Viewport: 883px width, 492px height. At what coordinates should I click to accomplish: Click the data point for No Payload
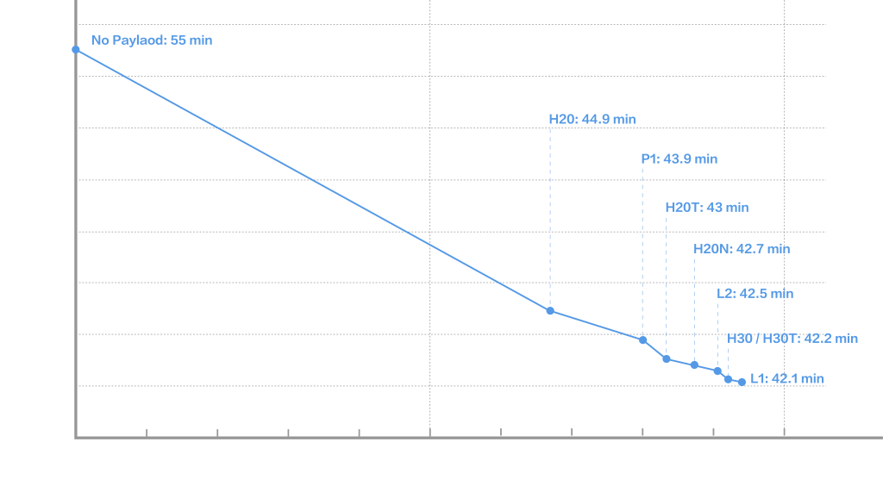76,49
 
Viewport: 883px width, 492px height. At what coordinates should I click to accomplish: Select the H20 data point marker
550,310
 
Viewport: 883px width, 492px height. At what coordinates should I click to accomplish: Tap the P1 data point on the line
642,339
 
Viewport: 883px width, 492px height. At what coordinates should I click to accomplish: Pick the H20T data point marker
667,358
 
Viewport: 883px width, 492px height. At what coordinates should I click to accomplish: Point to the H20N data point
694,364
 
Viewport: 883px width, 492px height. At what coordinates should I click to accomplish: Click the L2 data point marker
717,371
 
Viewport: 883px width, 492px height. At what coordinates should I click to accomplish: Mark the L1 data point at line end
742,382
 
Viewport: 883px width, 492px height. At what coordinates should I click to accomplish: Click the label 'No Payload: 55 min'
152,40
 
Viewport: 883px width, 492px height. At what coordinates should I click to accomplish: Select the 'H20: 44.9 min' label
592,119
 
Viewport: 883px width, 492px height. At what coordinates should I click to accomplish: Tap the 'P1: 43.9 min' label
679,159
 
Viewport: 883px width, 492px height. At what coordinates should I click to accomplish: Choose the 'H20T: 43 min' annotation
707,207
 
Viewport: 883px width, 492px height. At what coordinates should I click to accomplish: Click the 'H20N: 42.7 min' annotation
742,249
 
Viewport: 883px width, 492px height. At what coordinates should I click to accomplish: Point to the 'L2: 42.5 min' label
755,293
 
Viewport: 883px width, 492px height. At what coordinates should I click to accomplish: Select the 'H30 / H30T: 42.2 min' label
792,339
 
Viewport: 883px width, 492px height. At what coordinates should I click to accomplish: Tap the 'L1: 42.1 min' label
787,378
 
